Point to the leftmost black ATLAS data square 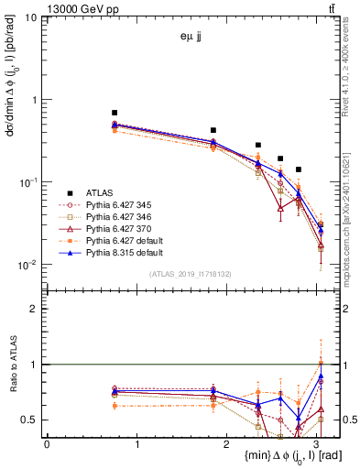[115, 112]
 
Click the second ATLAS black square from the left [213, 130]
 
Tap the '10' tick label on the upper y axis [30, 17]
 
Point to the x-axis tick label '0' [47, 443]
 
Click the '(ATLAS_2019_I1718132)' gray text [192, 274]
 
